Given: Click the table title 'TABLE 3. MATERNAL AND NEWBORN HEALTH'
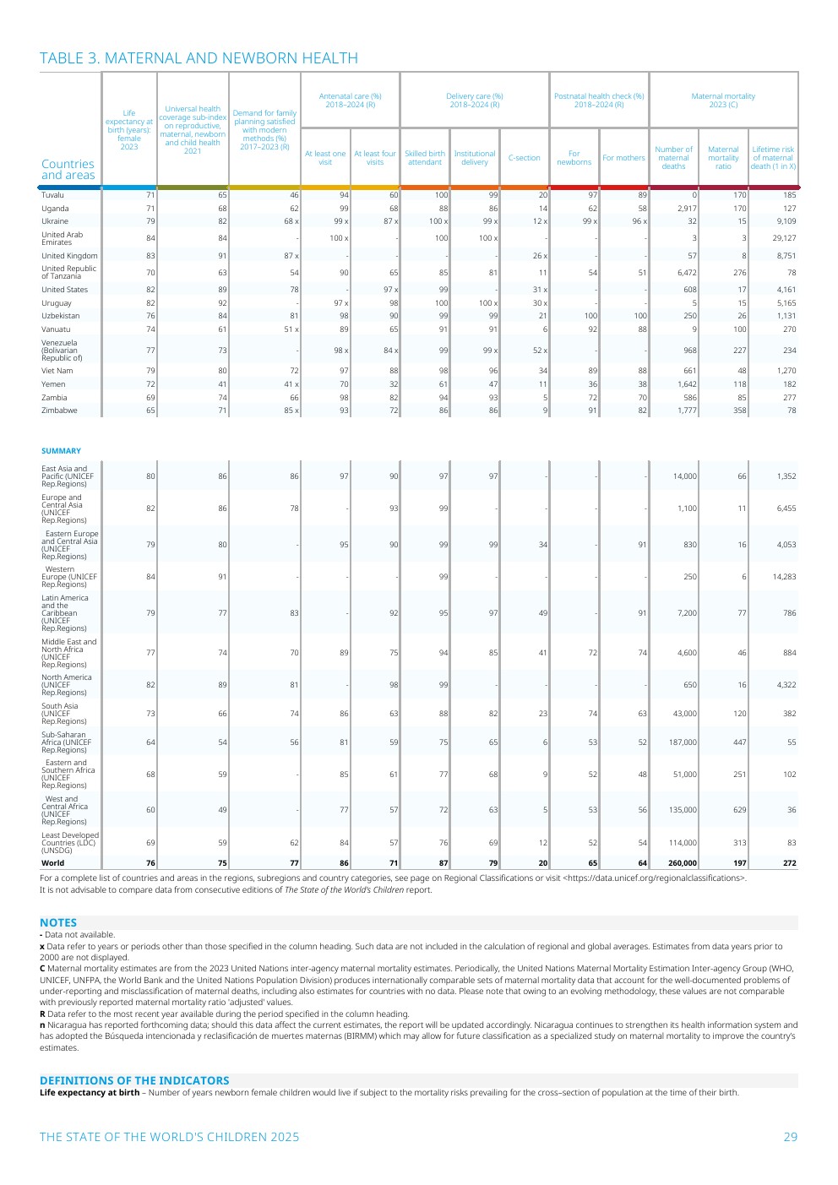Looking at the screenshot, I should [199, 58].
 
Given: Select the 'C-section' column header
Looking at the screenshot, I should [524, 158].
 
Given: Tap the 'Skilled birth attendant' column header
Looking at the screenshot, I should [424, 158].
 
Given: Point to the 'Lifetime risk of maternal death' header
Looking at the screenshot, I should [773, 158].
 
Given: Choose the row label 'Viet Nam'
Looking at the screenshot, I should [57, 371].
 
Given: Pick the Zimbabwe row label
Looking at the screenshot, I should [59, 410].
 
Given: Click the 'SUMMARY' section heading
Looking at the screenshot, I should [61, 451].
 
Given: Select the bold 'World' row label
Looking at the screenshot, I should [52, 863].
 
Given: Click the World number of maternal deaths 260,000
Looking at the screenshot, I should [683, 863].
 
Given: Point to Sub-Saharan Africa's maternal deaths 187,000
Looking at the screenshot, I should [683, 742].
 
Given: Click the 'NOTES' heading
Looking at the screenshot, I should [58, 923].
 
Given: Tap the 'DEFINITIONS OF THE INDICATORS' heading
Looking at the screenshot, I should [134, 1080].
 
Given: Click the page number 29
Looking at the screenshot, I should [790, 1137].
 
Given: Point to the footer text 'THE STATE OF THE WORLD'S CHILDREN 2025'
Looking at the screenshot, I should [169, 1137].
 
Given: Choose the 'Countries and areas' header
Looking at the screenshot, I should [68, 170].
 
